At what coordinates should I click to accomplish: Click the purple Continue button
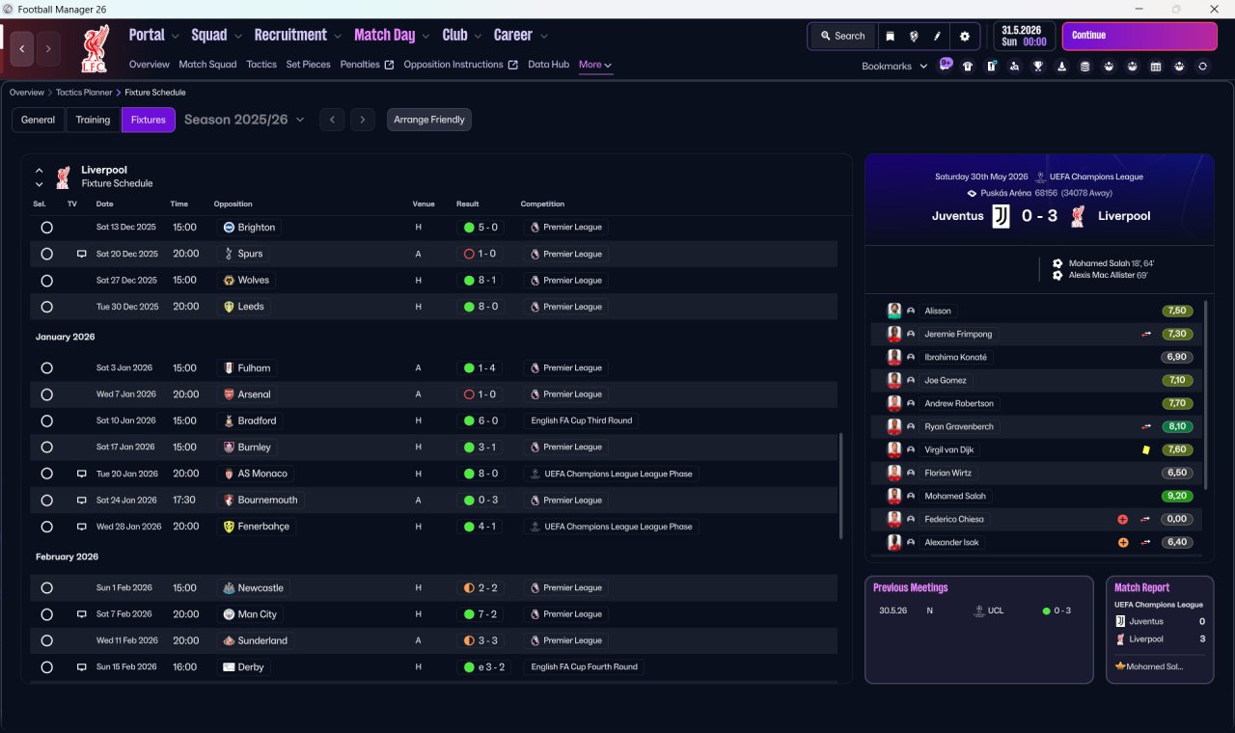click(x=1139, y=36)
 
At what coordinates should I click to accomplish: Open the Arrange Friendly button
click(x=429, y=120)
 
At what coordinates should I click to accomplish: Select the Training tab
click(x=93, y=120)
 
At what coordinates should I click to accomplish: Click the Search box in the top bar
click(x=843, y=36)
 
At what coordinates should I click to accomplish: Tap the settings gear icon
click(x=964, y=37)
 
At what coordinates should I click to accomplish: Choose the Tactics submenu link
click(x=261, y=65)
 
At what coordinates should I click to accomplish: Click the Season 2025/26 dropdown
click(x=244, y=120)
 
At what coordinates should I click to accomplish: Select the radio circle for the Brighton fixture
click(x=47, y=227)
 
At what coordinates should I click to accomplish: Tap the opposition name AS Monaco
click(x=261, y=474)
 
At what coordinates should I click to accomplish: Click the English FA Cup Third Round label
click(x=582, y=421)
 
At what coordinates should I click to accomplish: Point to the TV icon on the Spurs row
click(x=82, y=254)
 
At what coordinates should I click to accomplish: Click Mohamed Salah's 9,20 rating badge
click(x=1176, y=496)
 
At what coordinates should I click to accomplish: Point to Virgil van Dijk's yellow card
click(x=1146, y=449)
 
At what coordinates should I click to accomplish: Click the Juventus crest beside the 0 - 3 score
click(x=1001, y=216)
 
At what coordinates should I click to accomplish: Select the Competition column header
click(x=542, y=204)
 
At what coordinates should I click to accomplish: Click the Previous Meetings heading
click(x=910, y=587)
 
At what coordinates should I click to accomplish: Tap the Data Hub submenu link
click(x=548, y=65)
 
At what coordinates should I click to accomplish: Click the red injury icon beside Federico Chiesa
click(x=1122, y=519)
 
